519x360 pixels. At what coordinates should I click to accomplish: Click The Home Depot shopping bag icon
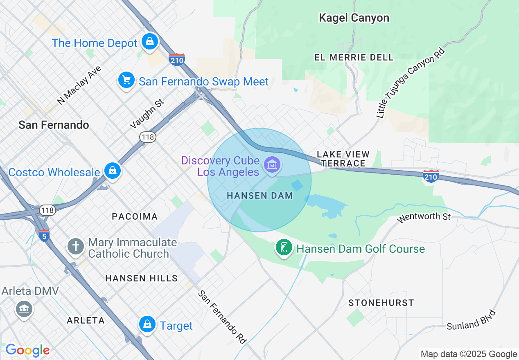(150, 41)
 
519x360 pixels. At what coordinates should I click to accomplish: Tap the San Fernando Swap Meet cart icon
(126, 80)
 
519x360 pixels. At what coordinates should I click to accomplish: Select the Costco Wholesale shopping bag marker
(112, 171)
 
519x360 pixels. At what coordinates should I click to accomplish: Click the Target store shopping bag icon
(147, 324)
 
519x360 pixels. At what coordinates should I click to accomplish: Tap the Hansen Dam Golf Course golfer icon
(284, 248)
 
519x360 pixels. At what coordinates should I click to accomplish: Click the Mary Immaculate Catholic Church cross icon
(76, 247)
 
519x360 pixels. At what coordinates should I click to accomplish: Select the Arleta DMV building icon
(24, 308)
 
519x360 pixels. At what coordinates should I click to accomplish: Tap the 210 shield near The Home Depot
(176, 59)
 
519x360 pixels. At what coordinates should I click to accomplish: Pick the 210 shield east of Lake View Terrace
(431, 176)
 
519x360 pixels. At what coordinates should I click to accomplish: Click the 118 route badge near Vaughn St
(147, 137)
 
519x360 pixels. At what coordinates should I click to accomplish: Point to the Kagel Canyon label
(354, 18)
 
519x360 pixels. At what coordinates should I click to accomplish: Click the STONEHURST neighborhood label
(381, 303)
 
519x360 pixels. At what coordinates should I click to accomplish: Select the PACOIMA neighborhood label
(135, 216)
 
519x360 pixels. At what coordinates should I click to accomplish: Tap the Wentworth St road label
(424, 216)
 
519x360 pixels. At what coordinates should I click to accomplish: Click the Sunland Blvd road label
(471, 320)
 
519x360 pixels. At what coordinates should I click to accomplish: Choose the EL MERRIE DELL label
(354, 57)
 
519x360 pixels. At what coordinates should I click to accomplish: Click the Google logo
(27, 350)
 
